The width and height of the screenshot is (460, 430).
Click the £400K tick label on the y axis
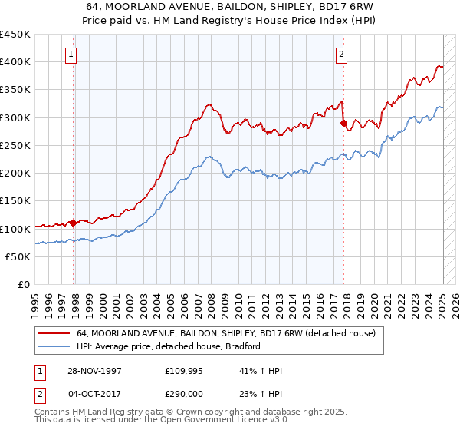[x=15, y=62]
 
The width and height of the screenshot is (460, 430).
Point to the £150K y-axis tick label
[x=15, y=201]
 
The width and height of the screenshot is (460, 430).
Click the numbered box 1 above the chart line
[x=71, y=54]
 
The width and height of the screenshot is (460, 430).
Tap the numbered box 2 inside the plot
[x=340, y=54]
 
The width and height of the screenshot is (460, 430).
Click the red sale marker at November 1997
[x=74, y=223]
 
